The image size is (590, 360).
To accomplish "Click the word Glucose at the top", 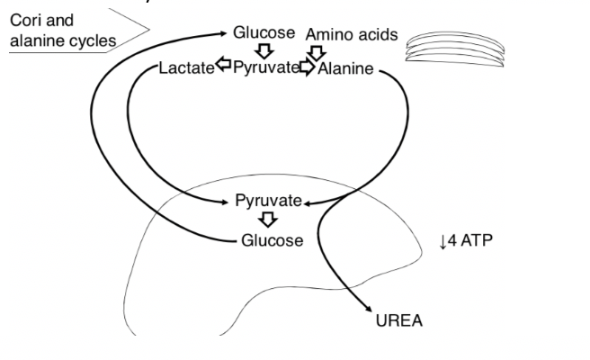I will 264,32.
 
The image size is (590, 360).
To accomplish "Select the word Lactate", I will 187,68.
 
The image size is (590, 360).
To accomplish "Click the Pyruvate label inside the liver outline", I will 268,201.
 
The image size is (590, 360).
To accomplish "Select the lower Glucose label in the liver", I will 273,240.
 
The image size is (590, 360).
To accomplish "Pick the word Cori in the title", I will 27,19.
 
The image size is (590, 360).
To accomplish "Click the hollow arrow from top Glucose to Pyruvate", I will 265,50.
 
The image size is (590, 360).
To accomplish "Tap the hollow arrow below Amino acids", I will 316,52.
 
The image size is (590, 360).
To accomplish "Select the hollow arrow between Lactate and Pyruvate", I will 225,68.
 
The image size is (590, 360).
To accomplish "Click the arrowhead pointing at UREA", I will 369,309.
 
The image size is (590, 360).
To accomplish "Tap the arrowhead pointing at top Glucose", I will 225,33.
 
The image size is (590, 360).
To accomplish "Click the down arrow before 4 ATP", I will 442,241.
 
